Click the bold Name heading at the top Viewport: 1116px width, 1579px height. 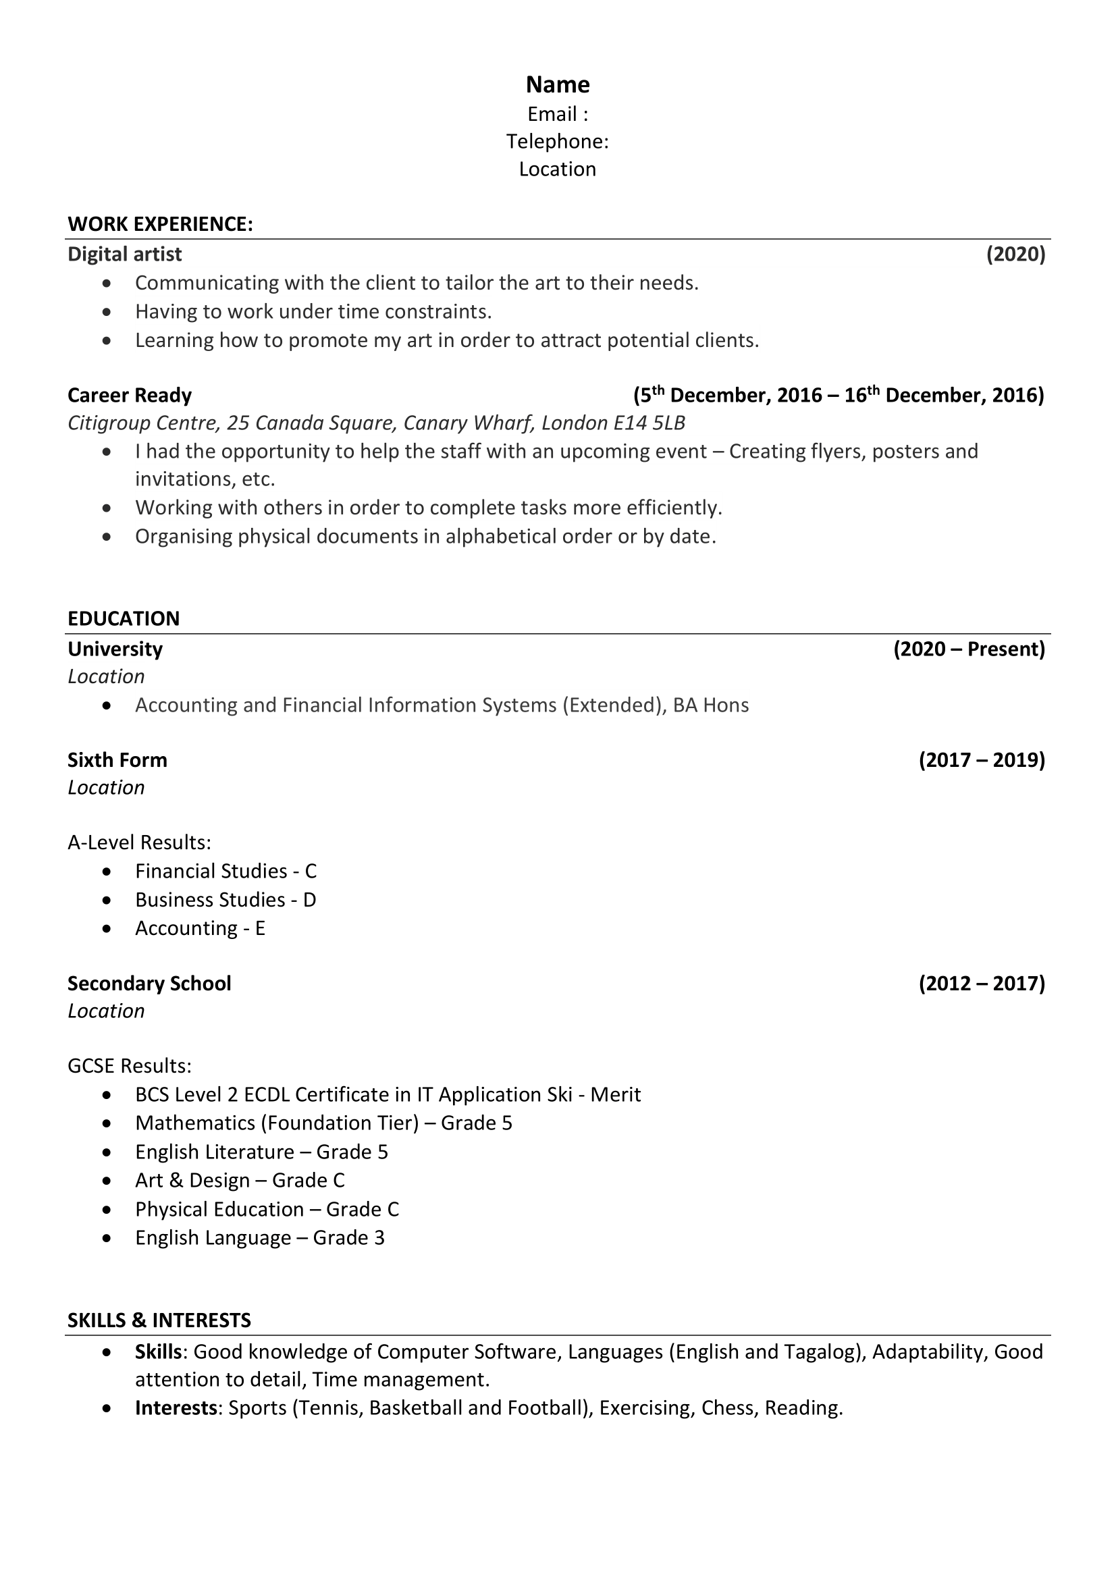[x=558, y=84]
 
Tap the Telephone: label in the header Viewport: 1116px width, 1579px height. [x=558, y=141]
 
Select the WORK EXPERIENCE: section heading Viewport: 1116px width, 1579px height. [x=160, y=224]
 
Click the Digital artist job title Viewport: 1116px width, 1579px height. [x=124, y=255]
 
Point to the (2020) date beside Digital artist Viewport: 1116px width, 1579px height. [x=1015, y=255]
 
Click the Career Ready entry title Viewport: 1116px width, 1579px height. [x=129, y=396]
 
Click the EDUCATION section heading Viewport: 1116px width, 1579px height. [x=124, y=618]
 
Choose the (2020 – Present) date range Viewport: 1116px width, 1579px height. [x=969, y=649]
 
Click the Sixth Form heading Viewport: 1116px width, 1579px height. [x=117, y=760]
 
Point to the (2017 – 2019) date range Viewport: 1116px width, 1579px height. [x=981, y=760]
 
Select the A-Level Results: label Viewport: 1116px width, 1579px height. [x=140, y=842]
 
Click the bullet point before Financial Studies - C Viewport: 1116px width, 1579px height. [x=106, y=872]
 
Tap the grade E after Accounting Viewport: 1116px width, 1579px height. [x=260, y=928]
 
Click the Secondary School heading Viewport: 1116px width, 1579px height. [x=149, y=984]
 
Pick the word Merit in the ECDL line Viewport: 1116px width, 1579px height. [x=616, y=1095]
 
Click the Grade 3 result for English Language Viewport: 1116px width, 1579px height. [x=348, y=1238]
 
